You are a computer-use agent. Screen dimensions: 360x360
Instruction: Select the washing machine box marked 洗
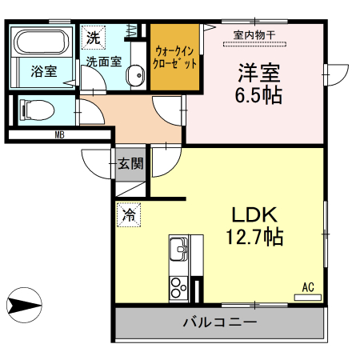pyautogui.click(x=93, y=37)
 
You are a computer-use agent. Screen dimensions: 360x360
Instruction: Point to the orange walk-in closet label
pyautogui.click(x=174, y=56)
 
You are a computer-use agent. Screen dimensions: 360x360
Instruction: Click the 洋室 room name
pyautogui.click(x=258, y=71)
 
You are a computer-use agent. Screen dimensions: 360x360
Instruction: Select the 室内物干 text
pyautogui.click(x=254, y=35)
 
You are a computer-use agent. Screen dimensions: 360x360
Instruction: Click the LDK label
pyautogui.click(x=254, y=215)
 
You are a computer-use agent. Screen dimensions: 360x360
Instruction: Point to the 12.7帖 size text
pyautogui.click(x=254, y=238)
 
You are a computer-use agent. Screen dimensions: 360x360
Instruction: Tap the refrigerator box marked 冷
pyautogui.click(x=129, y=214)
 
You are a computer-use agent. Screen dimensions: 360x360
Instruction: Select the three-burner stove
pyautogui.click(x=178, y=286)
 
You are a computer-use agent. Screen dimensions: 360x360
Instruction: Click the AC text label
pyautogui.click(x=308, y=286)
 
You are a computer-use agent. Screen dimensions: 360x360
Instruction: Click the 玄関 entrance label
pyautogui.click(x=131, y=165)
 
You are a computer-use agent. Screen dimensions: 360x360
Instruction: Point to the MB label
pyautogui.click(x=59, y=135)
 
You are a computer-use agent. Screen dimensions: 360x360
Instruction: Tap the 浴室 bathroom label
pyautogui.click(x=43, y=72)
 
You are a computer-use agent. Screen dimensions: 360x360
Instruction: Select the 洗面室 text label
pyautogui.click(x=104, y=62)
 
